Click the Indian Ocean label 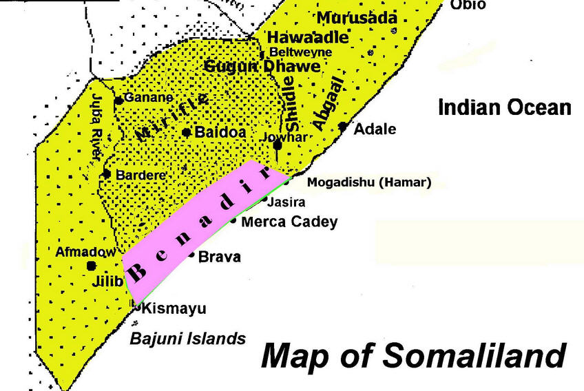[x=505, y=108]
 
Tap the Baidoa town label [x=218, y=132]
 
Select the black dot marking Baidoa [x=186, y=132]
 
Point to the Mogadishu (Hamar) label [x=368, y=182]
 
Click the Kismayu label [x=174, y=308]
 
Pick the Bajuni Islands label [x=188, y=338]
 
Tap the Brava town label [x=219, y=257]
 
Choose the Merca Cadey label [x=290, y=222]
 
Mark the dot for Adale [x=343, y=127]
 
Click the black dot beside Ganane [x=118, y=101]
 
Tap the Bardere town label [x=141, y=175]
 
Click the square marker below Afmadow [x=91, y=266]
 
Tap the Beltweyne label [x=301, y=52]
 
